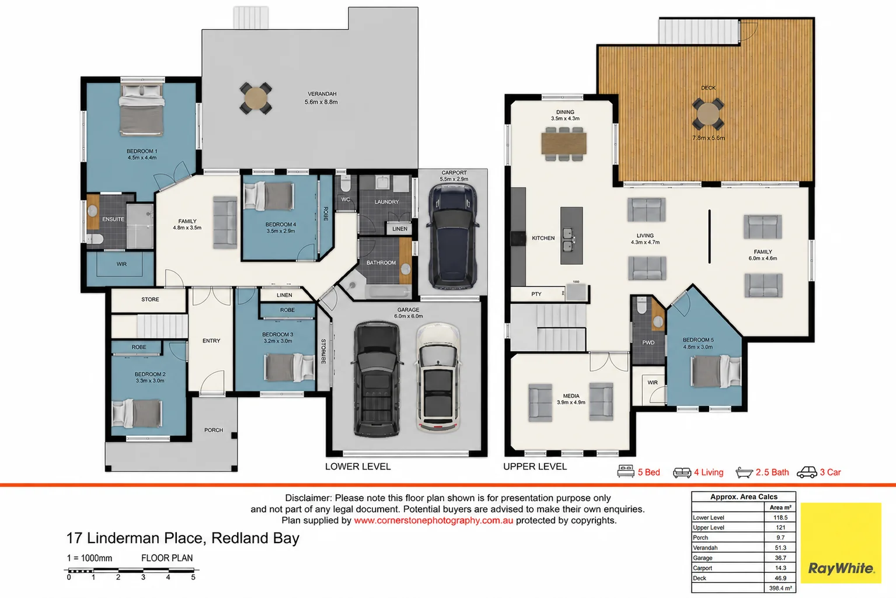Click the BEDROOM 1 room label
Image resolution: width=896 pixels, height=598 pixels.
click(x=142, y=151)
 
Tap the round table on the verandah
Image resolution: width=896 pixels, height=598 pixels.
click(x=256, y=99)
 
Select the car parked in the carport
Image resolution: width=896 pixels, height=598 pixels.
click(x=453, y=236)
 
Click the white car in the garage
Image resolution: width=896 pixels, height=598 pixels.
click(x=438, y=377)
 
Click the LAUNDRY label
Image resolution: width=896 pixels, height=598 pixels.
click(x=386, y=202)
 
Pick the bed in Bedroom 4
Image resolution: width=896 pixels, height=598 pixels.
click(x=269, y=196)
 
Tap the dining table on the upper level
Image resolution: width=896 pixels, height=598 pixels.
click(x=564, y=144)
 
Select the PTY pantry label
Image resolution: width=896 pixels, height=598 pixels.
click(x=536, y=294)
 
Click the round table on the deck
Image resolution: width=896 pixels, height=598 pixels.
click(x=708, y=114)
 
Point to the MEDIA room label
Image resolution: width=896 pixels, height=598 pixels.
click(x=571, y=396)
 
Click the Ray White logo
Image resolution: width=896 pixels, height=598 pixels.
click(x=841, y=568)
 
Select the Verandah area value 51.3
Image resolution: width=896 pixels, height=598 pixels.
click(x=780, y=548)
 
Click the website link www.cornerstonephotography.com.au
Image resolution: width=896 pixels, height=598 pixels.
click(x=433, y=520)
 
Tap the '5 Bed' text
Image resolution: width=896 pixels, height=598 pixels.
click(x=649, y=473)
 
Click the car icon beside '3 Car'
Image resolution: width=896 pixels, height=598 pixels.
click(x=807, y=472)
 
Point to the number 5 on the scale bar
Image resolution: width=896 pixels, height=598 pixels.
click(x=193, y=577)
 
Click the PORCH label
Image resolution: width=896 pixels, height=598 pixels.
click(x=214, y=430)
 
